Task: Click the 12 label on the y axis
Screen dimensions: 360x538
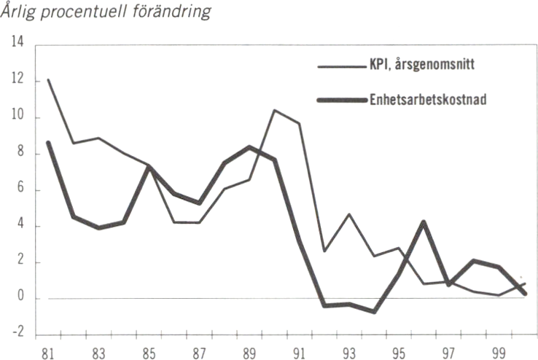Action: [17, 81]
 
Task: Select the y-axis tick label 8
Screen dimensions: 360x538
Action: [20, 154]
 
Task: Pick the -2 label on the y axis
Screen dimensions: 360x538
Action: [16, 332]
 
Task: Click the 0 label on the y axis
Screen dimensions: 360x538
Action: [20, 298]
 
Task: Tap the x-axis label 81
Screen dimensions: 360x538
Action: [48, 351]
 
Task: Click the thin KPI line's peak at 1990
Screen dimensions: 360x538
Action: [274, 110]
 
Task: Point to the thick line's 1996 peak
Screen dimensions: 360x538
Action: [424, 222]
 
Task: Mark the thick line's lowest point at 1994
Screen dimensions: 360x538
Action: [374, 311]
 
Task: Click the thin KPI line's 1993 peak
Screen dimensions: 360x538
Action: [350, 214]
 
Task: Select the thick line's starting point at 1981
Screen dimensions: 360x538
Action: [48, 143]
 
